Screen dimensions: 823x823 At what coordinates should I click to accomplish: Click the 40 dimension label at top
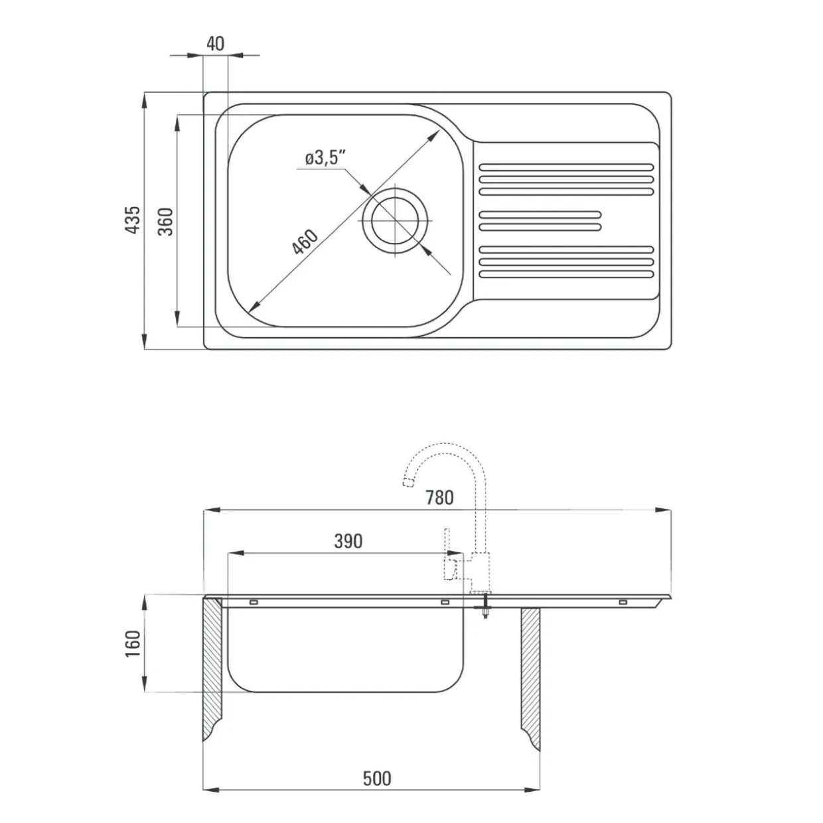216,44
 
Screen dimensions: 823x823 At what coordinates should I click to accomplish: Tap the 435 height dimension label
133,219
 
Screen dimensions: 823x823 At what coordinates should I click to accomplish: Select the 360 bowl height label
166,221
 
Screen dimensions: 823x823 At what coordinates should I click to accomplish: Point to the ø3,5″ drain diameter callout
326,158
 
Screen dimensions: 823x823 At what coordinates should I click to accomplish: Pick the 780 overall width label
439,497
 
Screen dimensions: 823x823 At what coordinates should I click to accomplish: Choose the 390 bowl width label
348,542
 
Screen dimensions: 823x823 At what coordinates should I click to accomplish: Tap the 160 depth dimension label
133,644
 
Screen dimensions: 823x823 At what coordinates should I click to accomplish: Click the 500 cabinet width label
377,778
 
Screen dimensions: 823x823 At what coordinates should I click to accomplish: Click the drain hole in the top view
396,220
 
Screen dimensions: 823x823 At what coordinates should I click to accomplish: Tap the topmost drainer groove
566,166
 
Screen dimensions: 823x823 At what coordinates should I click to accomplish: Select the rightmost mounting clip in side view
622,602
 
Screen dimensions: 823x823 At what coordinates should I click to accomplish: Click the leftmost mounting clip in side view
253,602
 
